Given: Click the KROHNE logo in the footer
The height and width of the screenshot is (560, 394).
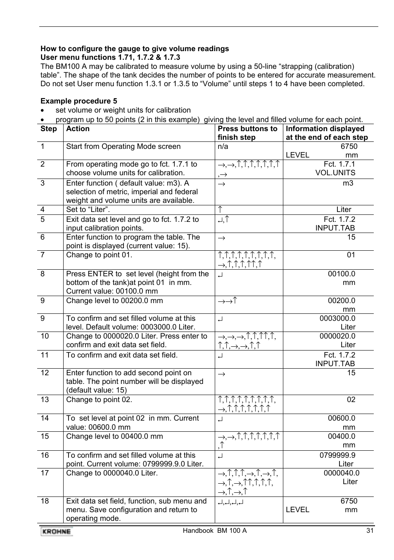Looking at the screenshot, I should click(56, 532).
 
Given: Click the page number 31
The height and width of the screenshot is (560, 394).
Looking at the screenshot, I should click(370, 531).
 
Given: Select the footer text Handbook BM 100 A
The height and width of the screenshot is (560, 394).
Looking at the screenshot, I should click(214, 531).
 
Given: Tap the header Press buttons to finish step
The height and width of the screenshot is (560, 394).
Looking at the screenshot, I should click(247, 133).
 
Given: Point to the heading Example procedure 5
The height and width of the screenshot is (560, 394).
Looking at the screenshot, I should click(78, 101).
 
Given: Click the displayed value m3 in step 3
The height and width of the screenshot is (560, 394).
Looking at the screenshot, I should click(348, 183).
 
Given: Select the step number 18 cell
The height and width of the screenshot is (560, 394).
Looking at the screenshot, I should click(45, 501).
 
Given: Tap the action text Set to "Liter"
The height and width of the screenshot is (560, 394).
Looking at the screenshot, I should click(88, 209).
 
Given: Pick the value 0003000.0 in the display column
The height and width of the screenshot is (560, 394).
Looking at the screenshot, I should click(337, 318).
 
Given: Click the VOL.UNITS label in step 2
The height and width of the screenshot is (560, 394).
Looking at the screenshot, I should click(335, 173).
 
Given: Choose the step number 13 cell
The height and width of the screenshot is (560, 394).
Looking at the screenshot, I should click(45, 400).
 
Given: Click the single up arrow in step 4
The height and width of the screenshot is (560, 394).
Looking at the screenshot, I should click(221, 209).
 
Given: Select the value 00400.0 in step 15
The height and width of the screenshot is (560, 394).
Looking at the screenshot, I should click(342, 436).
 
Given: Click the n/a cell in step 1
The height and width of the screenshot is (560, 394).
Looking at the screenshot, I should click(223, 146).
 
